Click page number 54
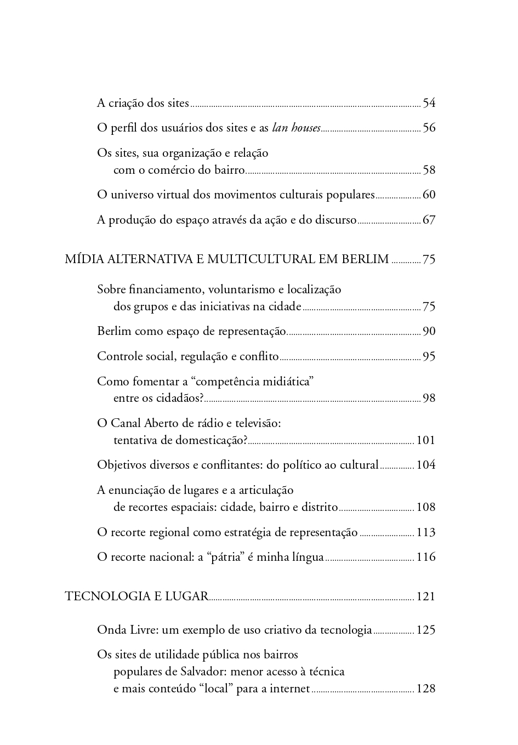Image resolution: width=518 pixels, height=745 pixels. tap(429, 103)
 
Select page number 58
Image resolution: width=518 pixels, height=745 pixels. tap(429, 170)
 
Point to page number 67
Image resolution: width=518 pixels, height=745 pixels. tap(429, 220)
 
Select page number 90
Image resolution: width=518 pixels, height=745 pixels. tap(429, 332)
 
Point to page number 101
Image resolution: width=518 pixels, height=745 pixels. tap(426, 440)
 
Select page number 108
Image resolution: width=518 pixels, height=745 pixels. tap(426, 507)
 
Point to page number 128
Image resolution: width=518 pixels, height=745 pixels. tap(426, 689)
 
